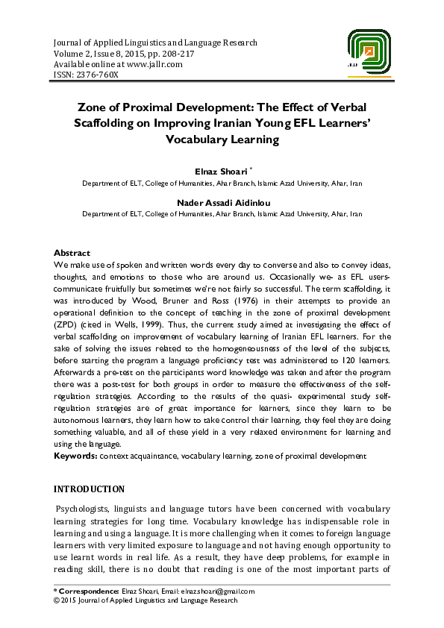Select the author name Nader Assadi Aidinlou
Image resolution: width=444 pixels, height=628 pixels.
tap(222, 201)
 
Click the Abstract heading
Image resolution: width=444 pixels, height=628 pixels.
tap(73, 253)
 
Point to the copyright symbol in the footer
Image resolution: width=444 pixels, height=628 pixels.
tap(59, 600)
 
